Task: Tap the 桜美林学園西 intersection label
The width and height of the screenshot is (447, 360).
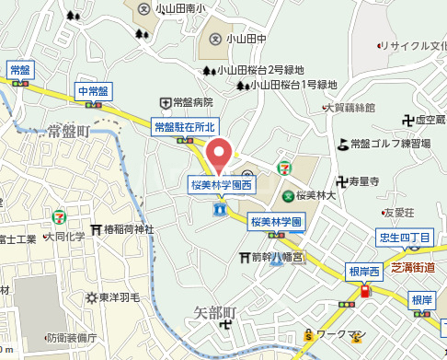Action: click(221, 184)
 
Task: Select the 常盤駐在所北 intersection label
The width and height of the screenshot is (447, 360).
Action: click(184, 127)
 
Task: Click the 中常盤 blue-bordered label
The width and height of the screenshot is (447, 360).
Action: click(93, 91)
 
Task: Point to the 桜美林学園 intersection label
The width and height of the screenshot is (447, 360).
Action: click(276, 222)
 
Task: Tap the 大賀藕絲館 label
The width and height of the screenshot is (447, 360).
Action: click(353, 108)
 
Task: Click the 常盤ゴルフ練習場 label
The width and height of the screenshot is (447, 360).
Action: click(390, 143)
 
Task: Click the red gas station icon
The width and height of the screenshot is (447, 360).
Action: click(365, 292)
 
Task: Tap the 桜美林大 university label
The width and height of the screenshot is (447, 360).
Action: click(318, 195)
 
